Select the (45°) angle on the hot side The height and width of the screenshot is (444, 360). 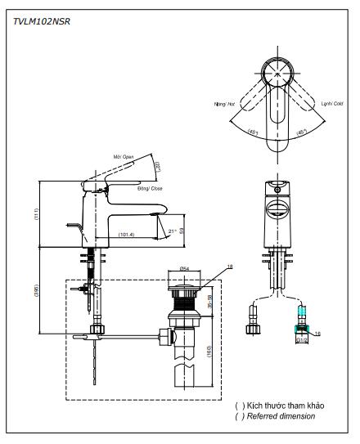pyautogui.click(x=254, y=133)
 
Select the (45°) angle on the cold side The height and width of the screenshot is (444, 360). pyautogui.click(x=302, y=133)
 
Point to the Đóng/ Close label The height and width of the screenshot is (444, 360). pyautogui.click(x=127, y=188)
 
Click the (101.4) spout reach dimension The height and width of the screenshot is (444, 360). pyautogui.click(x=126, y=235)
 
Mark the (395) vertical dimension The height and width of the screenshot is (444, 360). pyautogui.click(x=34, y=291)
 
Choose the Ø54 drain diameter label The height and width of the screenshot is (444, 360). pyautogui.click(x=184, y=268)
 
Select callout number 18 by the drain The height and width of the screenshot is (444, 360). pyautogui.click(x=230, y=267)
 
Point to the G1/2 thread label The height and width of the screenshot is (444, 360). pyautogui.click(x=300, y=340)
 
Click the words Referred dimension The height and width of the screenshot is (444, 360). pyautogui.click(x=280, y=415)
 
